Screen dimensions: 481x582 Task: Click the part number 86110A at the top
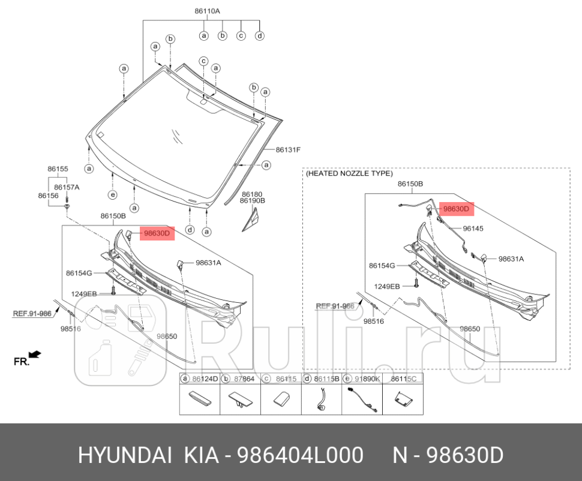[x=207, y=11]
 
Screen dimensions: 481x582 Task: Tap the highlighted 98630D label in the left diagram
[x=157, y=233]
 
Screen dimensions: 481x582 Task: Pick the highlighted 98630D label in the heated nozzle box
[x=457, y=209]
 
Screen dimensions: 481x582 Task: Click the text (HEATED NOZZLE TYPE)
[x=349, y=173]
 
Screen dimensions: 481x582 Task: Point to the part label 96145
[x=473, y=229]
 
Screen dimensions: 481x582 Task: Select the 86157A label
[x=67, y=187]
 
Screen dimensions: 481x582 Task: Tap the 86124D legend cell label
[x=205, y=379]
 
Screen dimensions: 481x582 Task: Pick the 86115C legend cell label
[x=403, y=379]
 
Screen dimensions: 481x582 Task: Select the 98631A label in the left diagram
[x=208, y=263]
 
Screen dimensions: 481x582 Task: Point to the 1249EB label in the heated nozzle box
[x=387, y=286]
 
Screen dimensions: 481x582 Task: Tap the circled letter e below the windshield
[x=112, y=194]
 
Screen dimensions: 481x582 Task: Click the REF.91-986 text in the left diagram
[x=32, y=312]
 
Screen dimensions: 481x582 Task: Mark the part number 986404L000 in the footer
[x=301, y=456]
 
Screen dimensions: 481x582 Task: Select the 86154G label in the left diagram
[x=79, y=273]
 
